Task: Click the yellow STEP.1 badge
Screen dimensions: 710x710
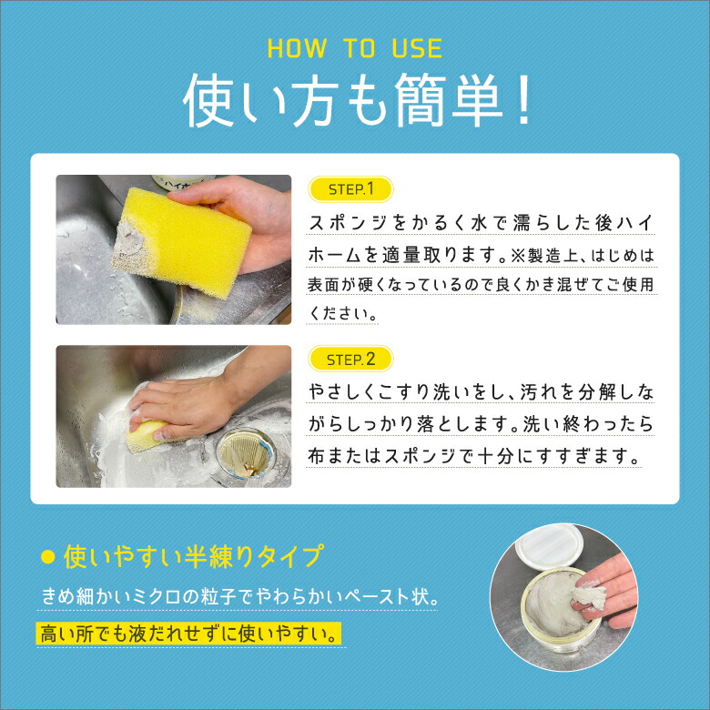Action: (350, 188)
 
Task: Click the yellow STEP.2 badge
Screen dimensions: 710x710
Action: (350, 359)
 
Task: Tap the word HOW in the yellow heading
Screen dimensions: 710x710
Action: (297, 48)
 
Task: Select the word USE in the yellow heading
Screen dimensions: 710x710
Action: (417, 48)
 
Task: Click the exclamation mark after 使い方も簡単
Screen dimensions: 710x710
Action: (523, 100)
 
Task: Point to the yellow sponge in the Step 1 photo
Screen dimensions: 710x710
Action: (181, 242)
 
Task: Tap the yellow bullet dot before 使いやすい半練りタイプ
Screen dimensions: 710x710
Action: (48, 557)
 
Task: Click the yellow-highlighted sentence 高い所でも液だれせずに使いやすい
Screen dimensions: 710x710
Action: (188, 634)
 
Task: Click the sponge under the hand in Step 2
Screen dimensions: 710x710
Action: (144, 435)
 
